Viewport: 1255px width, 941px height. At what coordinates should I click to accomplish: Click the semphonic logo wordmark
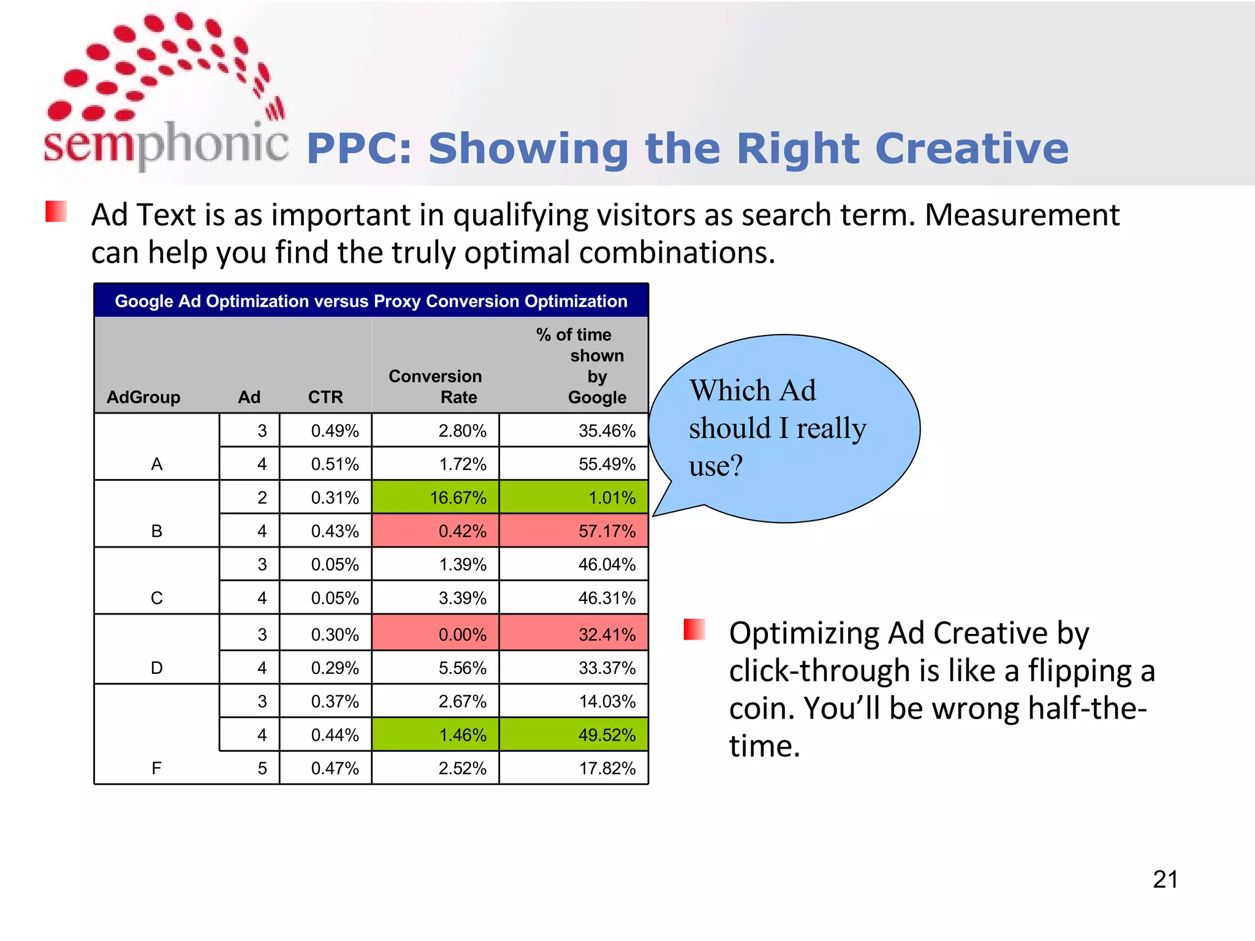pos(165,145)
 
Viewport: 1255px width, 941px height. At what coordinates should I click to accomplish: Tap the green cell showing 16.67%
pos(435,497)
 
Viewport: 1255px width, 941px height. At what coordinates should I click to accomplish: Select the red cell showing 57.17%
pos(574,531)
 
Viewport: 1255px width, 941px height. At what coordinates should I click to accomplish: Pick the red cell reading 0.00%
pos(435,633)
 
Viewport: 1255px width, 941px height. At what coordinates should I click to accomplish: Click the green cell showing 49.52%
pos(574,735)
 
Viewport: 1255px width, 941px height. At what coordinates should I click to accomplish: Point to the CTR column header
pos(325,397)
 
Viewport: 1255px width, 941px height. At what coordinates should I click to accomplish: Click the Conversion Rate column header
pos(435,387)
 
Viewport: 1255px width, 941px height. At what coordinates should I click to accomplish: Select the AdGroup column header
pos(143,397)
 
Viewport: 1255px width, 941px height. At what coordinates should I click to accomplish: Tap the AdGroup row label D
pos(157,668)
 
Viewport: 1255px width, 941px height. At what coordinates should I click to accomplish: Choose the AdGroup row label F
pos(157,768)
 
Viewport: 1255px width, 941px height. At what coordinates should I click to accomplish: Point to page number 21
pos(1165,880)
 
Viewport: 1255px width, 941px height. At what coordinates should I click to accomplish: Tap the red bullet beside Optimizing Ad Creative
pos(694,630)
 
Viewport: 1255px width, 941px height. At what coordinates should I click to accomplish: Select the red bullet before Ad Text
pos(56,212)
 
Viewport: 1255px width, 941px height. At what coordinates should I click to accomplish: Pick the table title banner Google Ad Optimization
pos(371,301)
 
